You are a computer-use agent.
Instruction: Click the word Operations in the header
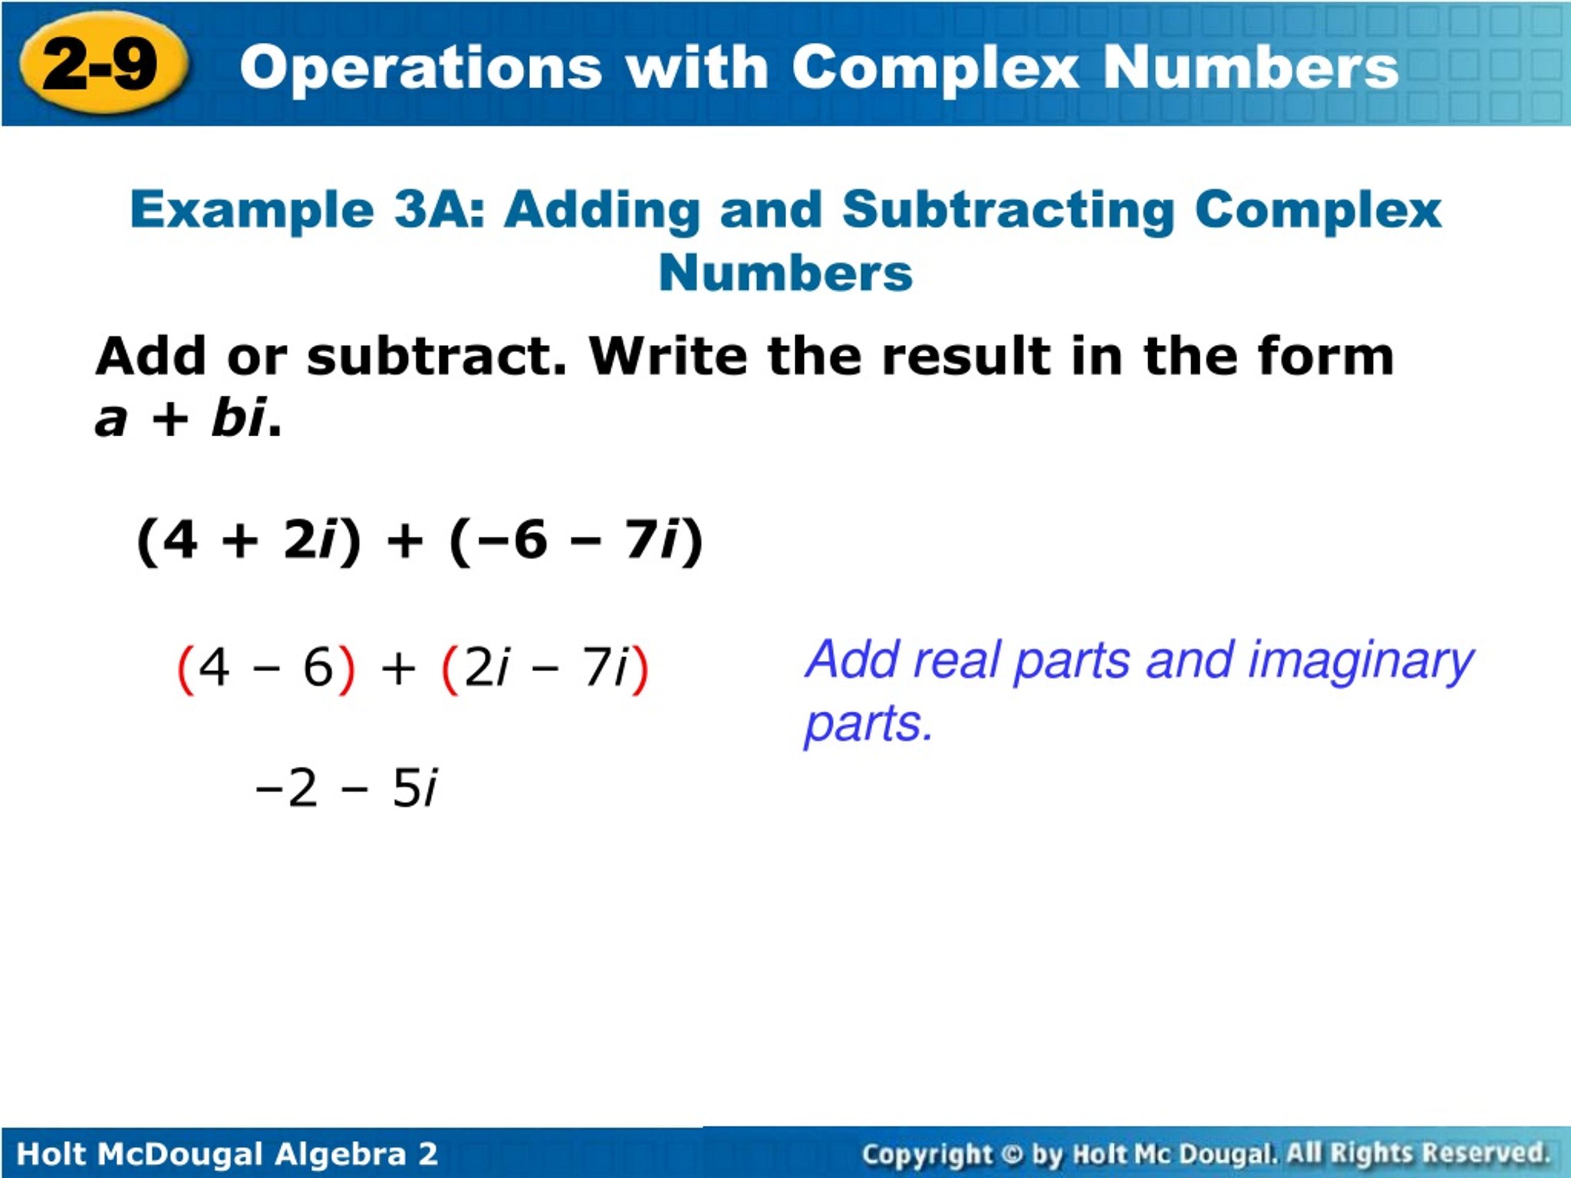421,68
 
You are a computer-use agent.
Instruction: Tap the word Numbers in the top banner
1250,68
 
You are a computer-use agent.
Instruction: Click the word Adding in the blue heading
602,210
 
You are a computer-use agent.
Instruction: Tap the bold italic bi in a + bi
238,418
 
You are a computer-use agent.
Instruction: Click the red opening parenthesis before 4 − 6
185,669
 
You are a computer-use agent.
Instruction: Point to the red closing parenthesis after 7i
640,669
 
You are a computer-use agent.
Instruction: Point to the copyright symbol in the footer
1012,1155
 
